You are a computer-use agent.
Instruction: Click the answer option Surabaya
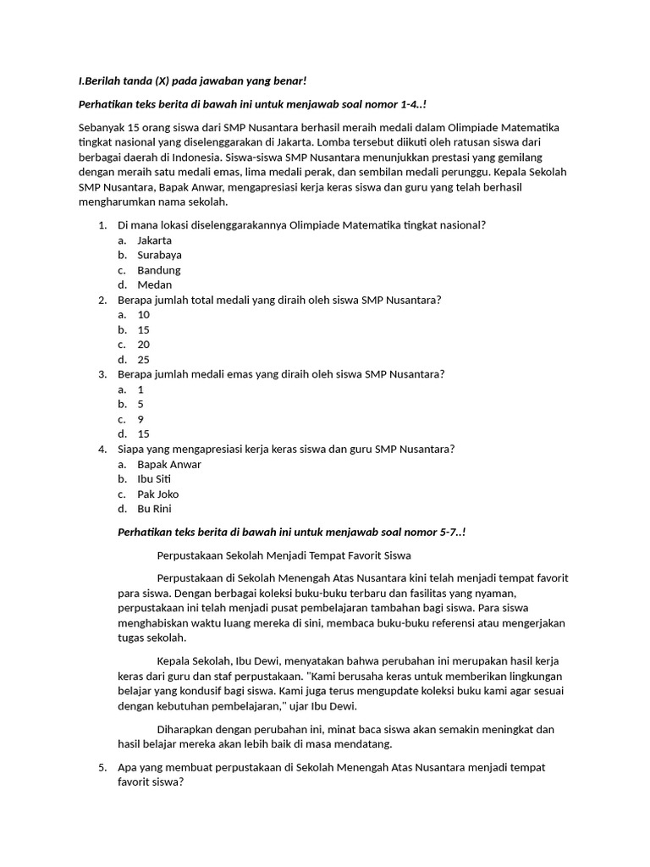click(159, 255)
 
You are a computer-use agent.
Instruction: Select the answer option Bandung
click(158, 270)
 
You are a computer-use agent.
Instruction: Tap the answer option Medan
click(154, 284)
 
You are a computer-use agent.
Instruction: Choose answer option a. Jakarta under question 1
click(154, 240)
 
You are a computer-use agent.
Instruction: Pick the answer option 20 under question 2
click(143, 345)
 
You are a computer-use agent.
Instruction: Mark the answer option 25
click(143, 360)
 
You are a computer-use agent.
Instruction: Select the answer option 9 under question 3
click(140, 419)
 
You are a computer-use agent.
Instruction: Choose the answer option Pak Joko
click(158, 494)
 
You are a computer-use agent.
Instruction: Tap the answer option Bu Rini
click(154, 509)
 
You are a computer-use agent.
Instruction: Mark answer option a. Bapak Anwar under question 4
click(168, 464)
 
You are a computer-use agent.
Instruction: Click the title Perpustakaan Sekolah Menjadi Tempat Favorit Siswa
click(284, 555)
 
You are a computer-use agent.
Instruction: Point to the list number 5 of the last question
click(102, 767)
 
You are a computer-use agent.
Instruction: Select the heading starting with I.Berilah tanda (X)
click(191, 80)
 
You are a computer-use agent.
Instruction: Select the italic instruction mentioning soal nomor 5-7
click(291, 532)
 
